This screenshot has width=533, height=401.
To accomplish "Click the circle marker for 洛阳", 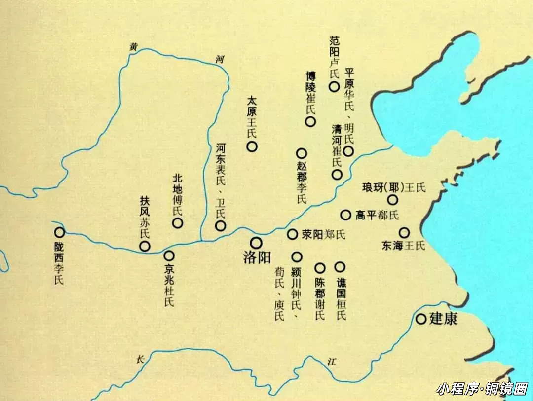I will (256, 242).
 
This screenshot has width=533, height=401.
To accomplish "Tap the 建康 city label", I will (443, 319).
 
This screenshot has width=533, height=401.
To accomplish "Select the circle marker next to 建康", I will (421, 319).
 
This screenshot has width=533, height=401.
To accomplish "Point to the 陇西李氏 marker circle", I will (59, 232).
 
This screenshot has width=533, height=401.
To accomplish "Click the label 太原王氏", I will (252, 116).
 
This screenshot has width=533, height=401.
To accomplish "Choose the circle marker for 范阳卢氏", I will (334, 87).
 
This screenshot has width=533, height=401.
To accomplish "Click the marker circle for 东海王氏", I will (404, 232).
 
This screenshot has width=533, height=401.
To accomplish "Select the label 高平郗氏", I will (377, 215).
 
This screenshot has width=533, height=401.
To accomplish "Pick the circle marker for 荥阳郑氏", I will (293, 234).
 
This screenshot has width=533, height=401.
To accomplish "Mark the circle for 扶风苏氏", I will (145, 246).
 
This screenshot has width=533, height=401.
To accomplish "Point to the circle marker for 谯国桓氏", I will (340, 267).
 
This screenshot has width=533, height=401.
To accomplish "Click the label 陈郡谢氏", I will (320, 298).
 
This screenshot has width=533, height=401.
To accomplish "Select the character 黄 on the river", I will (133, 47).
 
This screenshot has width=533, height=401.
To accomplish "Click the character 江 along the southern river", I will (331, 362).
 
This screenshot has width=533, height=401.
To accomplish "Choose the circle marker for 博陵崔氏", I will (310, 122).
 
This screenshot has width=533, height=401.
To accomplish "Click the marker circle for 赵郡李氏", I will (302, 153).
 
